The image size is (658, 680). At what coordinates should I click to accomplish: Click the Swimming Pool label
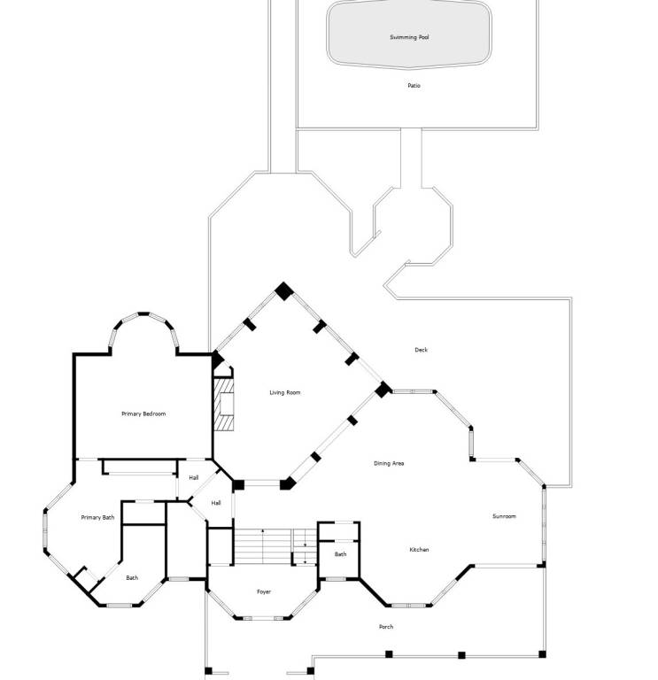409,37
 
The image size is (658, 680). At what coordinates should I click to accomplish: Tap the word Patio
414,85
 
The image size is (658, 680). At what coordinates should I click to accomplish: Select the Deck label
421,350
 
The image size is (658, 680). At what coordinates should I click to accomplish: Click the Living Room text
284,392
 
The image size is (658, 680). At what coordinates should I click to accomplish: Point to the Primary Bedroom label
143,413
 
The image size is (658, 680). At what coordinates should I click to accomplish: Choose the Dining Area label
389,463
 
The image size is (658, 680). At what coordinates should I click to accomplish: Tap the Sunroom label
504,516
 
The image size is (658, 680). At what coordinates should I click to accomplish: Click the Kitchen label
419,550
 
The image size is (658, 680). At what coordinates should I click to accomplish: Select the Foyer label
264,591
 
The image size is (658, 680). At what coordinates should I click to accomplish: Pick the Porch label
386,627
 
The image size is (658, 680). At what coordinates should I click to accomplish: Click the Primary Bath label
97,517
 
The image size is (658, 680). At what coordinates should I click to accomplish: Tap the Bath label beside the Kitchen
340,554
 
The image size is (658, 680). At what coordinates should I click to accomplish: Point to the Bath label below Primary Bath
132,577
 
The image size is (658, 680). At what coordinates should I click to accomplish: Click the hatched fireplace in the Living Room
224,405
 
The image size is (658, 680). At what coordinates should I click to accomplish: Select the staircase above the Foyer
275,546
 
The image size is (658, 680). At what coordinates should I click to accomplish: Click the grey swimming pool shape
409,34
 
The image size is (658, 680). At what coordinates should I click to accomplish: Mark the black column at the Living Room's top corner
284,291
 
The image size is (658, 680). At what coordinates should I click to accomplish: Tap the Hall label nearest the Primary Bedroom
194,477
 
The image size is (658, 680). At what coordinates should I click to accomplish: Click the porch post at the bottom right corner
542,654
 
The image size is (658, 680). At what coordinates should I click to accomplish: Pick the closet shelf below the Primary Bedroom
140,467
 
